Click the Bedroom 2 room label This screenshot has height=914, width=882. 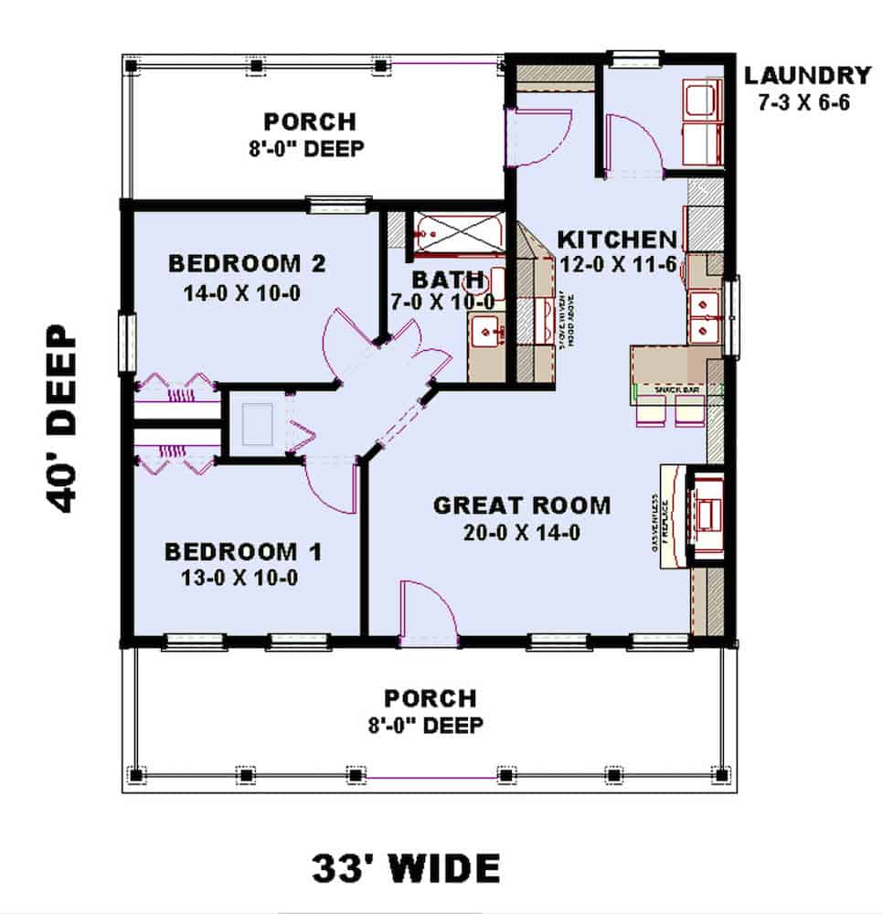(247, 264)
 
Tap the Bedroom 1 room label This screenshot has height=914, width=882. (243, 552)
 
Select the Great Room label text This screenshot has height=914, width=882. (521, 505)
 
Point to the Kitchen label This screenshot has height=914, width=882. (617, 240)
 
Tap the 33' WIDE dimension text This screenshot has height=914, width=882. (406, 865)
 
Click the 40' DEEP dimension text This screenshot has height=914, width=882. (60, 420)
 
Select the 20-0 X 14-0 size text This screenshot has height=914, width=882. (521, 532)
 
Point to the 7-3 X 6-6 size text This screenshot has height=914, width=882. (804, 102)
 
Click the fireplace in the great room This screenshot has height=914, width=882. (705, 516)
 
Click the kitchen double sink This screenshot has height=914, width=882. (704, 314)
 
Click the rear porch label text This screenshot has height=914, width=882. (309, 121)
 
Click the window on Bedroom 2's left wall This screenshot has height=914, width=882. (126, 343)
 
